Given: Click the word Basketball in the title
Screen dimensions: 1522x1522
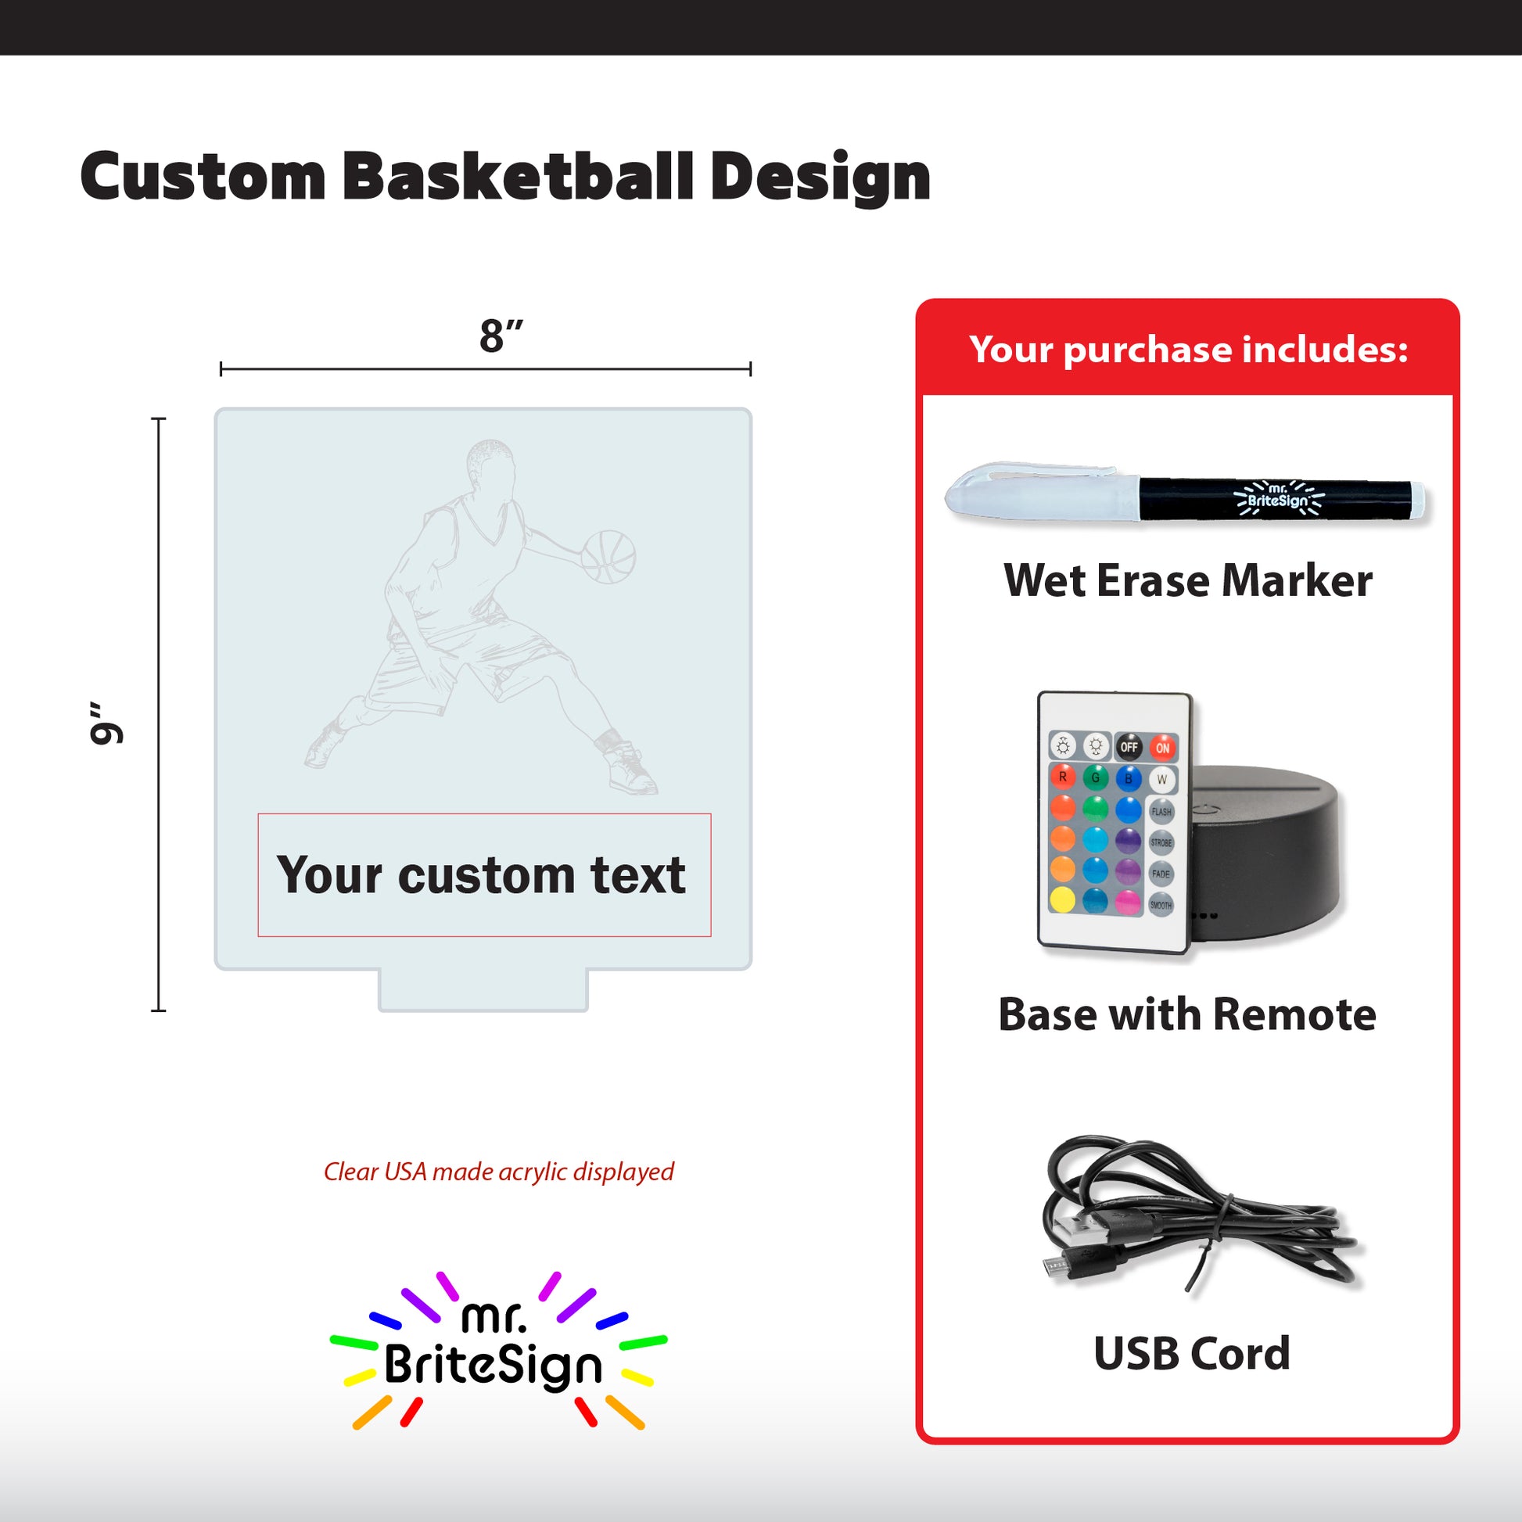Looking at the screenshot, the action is pos(518,177).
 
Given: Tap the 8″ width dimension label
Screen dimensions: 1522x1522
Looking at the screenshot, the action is pos(501,336).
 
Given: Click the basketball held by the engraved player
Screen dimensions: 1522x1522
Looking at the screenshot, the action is pos(608,557).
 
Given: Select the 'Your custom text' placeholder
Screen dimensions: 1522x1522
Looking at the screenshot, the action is pos(480,875).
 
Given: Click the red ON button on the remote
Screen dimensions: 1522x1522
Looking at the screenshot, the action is pos(1162,748).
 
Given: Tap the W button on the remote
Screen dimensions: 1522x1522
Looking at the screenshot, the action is pos(1161,780).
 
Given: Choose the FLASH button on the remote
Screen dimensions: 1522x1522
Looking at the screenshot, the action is pos(1161,811).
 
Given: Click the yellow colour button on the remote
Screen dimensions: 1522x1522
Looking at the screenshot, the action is pos(1062,899).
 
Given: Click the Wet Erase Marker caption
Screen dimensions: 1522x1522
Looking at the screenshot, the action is pos(1188,581).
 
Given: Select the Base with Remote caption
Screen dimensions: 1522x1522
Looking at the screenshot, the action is pos(1187,1014).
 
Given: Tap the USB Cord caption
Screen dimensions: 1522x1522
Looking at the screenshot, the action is pos(1192,1353).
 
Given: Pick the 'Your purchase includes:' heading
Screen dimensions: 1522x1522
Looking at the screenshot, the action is pos(1188,349).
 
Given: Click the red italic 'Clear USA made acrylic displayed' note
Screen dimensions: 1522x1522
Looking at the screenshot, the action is pos(499,1172).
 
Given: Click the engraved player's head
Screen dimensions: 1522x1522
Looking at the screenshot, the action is pos(492,465).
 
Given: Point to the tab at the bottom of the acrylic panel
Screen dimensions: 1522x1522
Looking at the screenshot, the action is pos(483,989).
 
